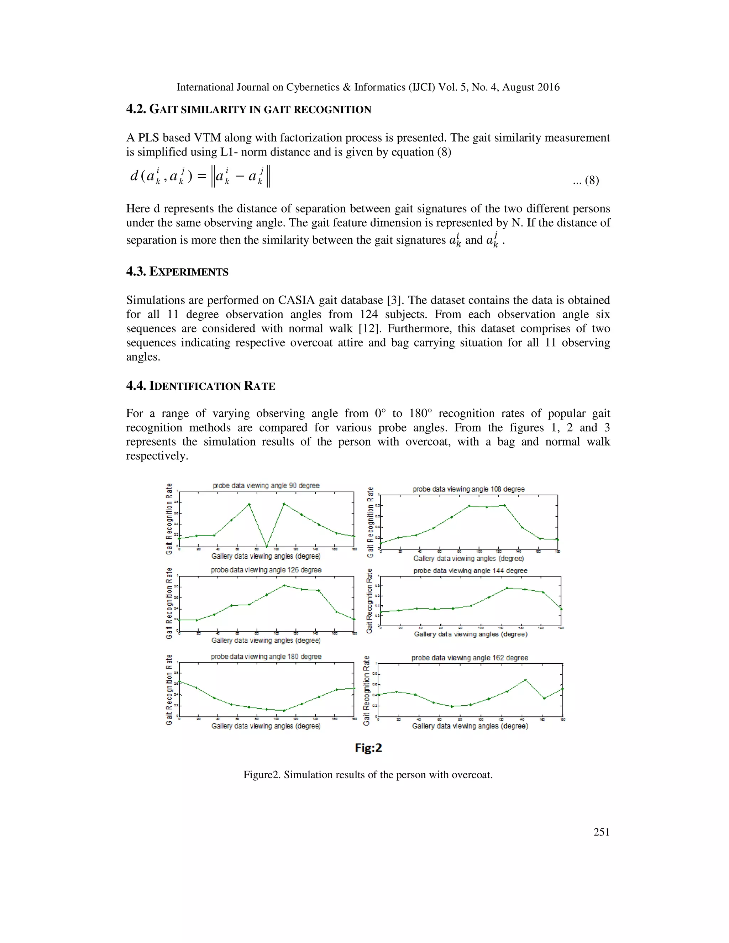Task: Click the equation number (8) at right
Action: pos(586,180)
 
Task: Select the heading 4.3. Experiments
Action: pos(177,272)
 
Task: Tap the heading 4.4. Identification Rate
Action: pos(200,386)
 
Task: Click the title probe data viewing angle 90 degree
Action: pos(266,485)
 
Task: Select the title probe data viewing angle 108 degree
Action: pos(468,489)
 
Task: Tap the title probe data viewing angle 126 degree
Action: pos(266,570)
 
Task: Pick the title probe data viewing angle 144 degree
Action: pos(470,571)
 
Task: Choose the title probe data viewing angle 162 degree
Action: pos(470,658)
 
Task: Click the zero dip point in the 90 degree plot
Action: pos(267,546)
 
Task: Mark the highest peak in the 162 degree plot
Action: pos(525,680)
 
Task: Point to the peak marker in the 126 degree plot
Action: pos(284,585)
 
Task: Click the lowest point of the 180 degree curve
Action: pos(284,710)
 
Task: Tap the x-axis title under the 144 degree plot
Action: pos(470,634)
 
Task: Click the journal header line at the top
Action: pos(368,87)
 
